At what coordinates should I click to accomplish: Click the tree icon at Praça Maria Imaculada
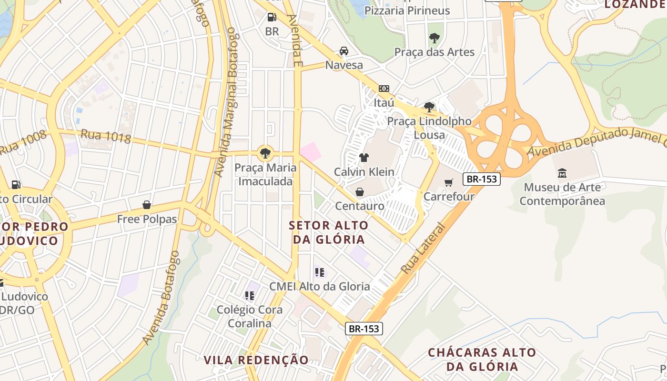pyautogui.click(x=265, y=153)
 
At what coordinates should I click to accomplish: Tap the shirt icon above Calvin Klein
pyautogui.click(x=364, y=158)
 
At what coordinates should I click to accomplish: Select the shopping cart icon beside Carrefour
pyautogui.click(x=449, y=182)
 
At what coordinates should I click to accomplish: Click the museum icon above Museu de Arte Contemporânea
pyautogui.click(x=562, y=173)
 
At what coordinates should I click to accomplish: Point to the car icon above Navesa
pyautogui.click(x=344, y=51)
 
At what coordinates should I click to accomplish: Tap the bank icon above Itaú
pyautogui.click(x=384, y=89)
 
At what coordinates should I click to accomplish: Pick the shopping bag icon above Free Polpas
pyautogui.click(x=147, y=205)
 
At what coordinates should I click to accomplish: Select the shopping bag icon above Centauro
pyautogui.click(x=360, y=192)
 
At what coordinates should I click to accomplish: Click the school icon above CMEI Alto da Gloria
pyautogui.click(x=319, y=272)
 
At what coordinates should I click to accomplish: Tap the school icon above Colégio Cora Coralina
pyautogui.click(x=249, y=296)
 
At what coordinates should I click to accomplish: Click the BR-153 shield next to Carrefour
pyautogui.click(x=481, y=179)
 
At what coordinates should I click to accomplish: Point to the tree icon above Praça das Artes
pyautogui.click(x=434, y=38)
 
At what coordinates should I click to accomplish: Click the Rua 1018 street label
pyautogui.click(x=106, y=136)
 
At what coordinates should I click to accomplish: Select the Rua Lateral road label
pyautogui.click(x=423, y=249)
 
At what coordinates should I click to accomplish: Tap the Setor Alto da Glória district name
pyautogui.click(x=329, y=232)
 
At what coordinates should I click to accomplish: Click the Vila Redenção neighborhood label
pyautogui.click(x=256, y=360)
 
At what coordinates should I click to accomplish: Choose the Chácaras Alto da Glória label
pyautogui.click(x=482, y=360)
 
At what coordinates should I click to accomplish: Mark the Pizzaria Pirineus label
pyautogui.click(x=407, y=10)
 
